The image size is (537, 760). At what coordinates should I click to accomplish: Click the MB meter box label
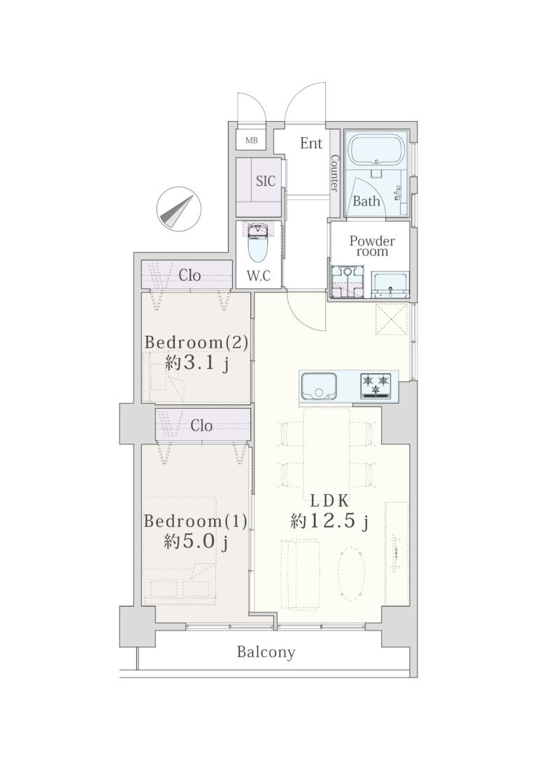251,141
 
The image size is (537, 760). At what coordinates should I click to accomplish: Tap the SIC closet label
265,181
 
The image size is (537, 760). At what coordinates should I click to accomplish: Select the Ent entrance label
311,143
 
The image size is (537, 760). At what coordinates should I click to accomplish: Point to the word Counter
334,173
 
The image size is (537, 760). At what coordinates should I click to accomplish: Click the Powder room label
373,246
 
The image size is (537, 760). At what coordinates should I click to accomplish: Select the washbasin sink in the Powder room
390,284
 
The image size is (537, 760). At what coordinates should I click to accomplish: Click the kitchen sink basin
318,386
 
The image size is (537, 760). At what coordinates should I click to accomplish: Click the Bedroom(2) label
196,343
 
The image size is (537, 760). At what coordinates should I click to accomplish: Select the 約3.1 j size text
196,363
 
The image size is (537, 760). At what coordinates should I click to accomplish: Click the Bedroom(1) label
196,521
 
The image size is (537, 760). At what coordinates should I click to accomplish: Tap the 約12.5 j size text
330,521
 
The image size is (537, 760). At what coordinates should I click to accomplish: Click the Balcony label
266,652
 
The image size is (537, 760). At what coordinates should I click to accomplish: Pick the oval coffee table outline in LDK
352,575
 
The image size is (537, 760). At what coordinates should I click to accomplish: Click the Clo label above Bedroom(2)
189,276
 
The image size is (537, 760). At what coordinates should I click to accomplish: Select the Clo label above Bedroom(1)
201,426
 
